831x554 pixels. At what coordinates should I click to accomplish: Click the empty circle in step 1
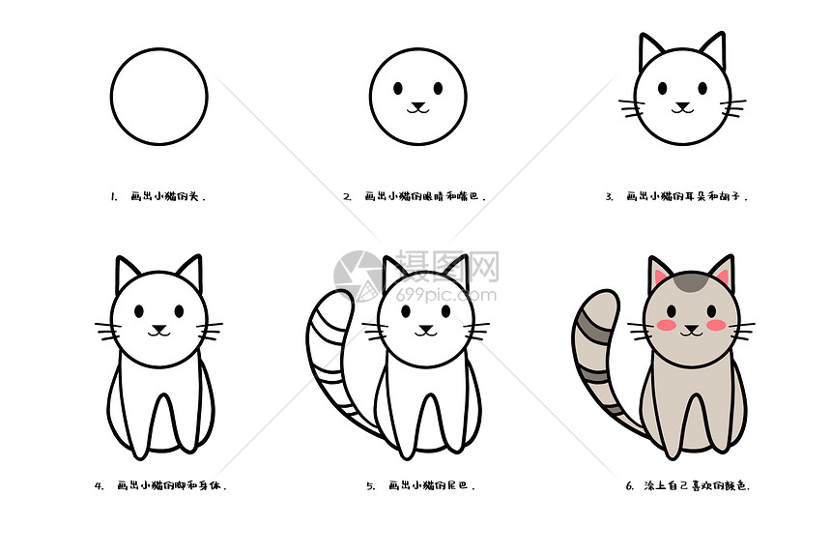tap(158, 97)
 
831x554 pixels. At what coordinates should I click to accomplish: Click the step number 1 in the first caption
tap(113, 196)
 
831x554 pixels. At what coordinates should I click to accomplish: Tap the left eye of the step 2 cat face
tap(398, 88)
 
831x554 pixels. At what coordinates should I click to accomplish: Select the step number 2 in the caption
tap(347, 196)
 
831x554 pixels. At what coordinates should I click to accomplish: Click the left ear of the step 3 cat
tap(649, 51)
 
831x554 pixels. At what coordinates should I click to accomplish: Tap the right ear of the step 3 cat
tap(713, 50)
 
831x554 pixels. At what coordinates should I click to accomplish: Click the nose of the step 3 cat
tap(683, 103)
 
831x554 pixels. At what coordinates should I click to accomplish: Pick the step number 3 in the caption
tap(609, 196)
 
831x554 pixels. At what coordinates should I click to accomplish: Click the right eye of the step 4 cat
tap(180, 311)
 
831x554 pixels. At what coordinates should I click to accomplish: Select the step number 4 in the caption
tap(99, 486)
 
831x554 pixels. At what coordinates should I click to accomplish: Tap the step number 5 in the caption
tap(370, 486)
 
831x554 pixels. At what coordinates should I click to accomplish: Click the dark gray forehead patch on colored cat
tap(692, 283)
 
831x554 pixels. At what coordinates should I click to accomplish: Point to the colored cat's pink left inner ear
tap(661, 277)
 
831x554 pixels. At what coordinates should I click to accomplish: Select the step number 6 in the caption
tap(629, 486)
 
